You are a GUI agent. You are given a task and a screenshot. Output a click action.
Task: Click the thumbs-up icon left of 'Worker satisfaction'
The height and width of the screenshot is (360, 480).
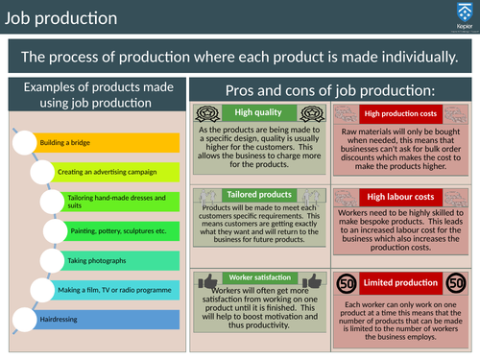[208, 280]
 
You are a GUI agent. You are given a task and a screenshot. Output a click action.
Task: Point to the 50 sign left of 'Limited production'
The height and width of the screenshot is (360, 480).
[348, 282]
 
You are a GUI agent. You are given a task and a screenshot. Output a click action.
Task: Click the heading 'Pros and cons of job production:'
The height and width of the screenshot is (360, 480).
[330, 89]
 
